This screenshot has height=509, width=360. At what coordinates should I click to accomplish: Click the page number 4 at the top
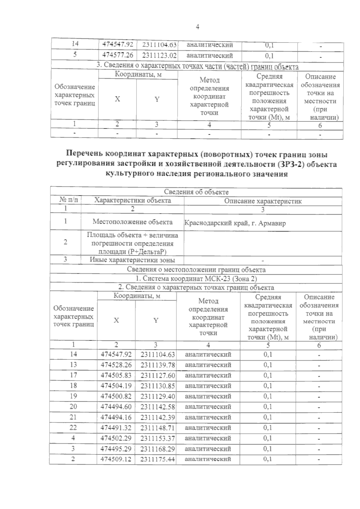pyautogui.click(x=197, y=27)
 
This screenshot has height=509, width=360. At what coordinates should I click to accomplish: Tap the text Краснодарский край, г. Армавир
pyautogui.click(x=235, y=223)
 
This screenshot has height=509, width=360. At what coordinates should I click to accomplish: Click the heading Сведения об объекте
pyautogui.click(x=196, y=192)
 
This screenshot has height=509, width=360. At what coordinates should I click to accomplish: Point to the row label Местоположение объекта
pyautogui.click(x=132, y=222)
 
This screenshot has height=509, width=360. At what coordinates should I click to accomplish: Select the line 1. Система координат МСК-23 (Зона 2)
pyautogui.click(x=196, y=278)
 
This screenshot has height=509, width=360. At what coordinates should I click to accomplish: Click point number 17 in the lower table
pyautogui.click(x=73, y=375)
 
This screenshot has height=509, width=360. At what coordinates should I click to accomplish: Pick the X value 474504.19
pyautogui.click(x=116, y=385)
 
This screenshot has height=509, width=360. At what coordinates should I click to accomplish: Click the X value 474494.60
pyautogui.click(x=116, y=407)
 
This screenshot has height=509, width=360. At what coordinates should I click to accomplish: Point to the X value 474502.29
pyautogui.click(x=116, y=438)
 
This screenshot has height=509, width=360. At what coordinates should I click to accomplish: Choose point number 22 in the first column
pyautogui.click(x=73, y=427)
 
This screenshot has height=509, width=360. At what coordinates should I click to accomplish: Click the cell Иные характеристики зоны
pyautogui.click(x=132, y=260)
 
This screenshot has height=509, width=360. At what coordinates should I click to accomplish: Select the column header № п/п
pyautogui.click(x=66, y=200)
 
